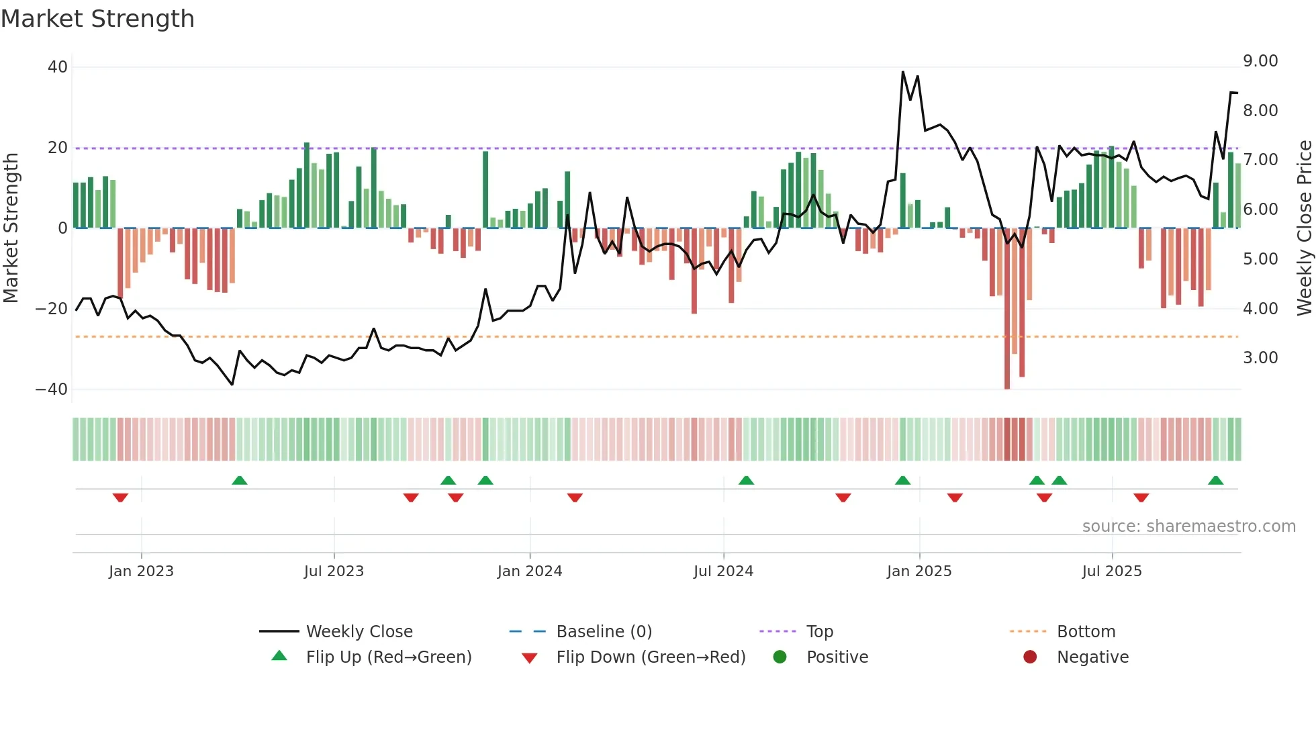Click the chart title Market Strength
[x=97, y=19]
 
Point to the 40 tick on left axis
[x=58, y=67]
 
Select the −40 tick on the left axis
[x=52, y=389]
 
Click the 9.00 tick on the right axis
[x=1260, y=61]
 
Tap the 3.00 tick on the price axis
[x=1260, y=358]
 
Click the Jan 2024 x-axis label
[x=530, y=571]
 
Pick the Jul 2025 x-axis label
[x=1112, y=571]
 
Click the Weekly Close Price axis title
[x=1304, y=228]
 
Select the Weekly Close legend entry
[x=359, y=632]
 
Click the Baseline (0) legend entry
[x=604, y=632]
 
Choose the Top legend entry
[x=819, y=632]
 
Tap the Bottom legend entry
[x=1086, y=632]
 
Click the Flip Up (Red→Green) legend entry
[x=389, y=657]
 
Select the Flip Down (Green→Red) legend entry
[x=651, y=657]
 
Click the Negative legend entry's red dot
[x=1030, y=657]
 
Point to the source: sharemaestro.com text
[x=1188, y=526]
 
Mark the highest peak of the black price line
[x=903, y=72]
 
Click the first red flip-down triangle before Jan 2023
[x=120, y=498]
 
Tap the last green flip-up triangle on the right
[x=1215, y=480]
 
